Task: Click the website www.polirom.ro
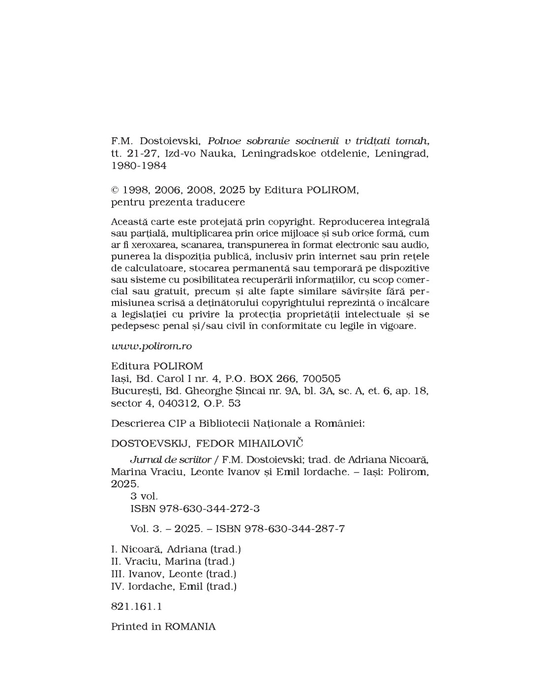tap(151, 346)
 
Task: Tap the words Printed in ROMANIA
tap(163, 627)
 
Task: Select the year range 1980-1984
tap(139, 166)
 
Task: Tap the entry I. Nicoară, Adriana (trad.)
tap(176, 549)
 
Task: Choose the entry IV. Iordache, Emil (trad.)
tap(174, 586)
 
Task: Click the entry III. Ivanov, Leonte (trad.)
tap(174, 574)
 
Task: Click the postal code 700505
tap(322, 379)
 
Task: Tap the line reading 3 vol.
tap(144, 496)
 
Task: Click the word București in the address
tap(132, 391)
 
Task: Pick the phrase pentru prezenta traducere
tap(178, 202)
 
